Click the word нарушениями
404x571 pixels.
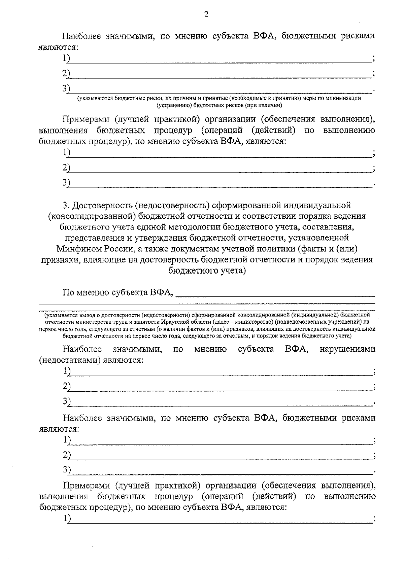347,349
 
